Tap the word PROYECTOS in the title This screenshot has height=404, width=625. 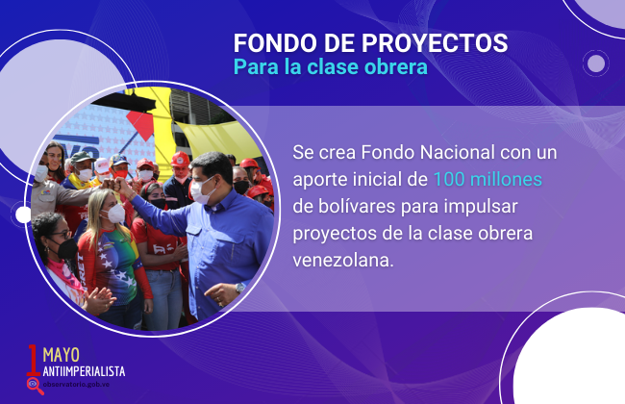click(x=435, y=43)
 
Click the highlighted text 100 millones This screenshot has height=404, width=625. click(x=487, y=180)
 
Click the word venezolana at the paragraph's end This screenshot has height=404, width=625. click(x=343, y=261)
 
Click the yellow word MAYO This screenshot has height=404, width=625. click(x=61, y=355)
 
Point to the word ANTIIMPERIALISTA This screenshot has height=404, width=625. click(x=84, y=371)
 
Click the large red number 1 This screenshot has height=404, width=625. click(x=33, y=360)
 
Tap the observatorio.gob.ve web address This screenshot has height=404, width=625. click(x=76, y=385)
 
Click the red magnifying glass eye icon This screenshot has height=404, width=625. click(x=35, y=386)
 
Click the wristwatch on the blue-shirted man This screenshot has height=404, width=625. click(x=240, y=288)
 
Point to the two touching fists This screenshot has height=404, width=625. click(x=114, y=184)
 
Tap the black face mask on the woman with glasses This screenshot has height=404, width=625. click(x=66, y=248)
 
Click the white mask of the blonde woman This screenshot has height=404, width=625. click(x=115, y=214)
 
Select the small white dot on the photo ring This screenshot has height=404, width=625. click(x=23, y=215)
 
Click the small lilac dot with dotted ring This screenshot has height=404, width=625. click(x=596, y=63)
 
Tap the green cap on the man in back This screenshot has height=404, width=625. click(x=83, y=157)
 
